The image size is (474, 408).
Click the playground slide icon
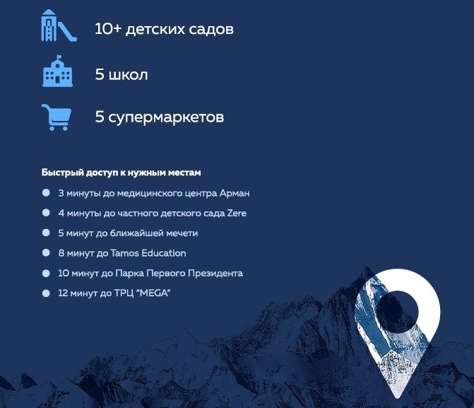click(x=59, y=25)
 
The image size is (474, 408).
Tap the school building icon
click(x=57, y=71)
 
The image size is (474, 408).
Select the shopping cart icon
click(x=57, y=117)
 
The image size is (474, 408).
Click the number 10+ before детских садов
click(x=108, y=29)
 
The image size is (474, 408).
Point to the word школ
click(x=128, y=75)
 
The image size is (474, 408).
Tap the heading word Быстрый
click(x=62, y=173)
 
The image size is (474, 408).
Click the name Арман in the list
click(x=235, y=193)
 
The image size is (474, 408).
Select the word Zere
click(x=237, y=213)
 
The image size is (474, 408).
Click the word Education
click(x=164, y=253)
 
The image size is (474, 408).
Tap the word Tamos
click(x=124, y=253)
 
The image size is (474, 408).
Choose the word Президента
click(x=215, y=274)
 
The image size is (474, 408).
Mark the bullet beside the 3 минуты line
click(x=46, y=193)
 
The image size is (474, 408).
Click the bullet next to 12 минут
click(x=46, y=293)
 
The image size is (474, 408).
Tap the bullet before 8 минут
click(x=46, y=252)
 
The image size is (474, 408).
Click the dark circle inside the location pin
click(x=397, y=311)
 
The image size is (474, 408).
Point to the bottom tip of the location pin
click(x=396, y=398)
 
